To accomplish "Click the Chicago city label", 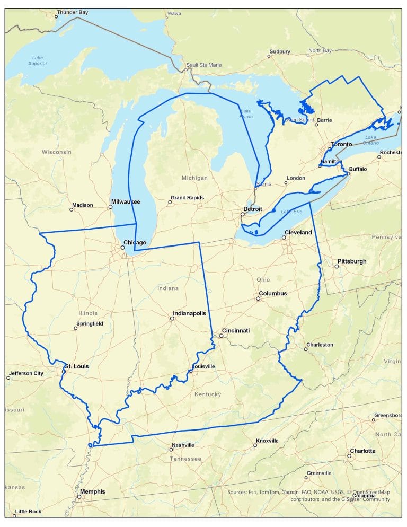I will point(135,243).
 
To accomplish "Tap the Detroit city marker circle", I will point(242,215).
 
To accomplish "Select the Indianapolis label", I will point(188,313).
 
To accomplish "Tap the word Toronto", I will point(341,144).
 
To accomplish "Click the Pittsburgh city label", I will point(351,261).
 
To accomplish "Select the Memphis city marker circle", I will point(79,497).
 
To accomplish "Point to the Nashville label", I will point(183,445).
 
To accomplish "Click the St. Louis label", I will point(77,366).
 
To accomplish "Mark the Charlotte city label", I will point(362,451).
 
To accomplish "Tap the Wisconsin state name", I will point(57,152).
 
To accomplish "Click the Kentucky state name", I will point(208,394).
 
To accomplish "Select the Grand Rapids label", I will point(187,198).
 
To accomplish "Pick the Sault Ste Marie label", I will point(204,65).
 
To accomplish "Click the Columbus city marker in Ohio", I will point(258,298).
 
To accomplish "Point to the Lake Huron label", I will point(246,113).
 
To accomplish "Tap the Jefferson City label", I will point(26,373).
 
